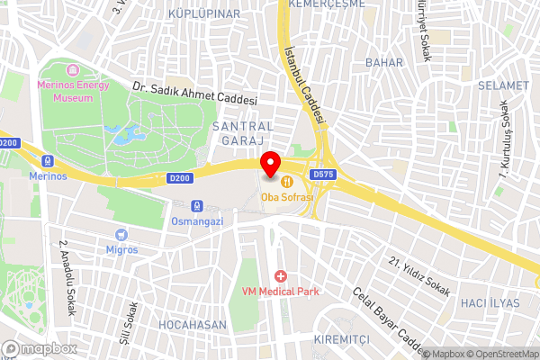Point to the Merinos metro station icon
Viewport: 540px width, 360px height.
(x=47, y=160)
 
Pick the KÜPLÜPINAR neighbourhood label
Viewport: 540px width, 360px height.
(x=204, y=14)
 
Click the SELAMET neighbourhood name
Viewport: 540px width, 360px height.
(x=503, y=85)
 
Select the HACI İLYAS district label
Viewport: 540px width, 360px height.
(x=490, y=303)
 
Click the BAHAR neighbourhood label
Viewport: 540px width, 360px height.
(x=384, y=62)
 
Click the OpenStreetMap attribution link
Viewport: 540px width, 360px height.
(x=501, y=354)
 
